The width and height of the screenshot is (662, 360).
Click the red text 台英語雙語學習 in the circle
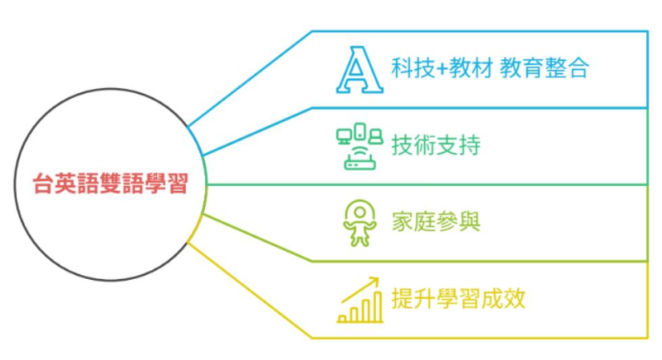tap(110, 184)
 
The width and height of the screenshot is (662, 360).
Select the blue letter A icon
tap(358, 71)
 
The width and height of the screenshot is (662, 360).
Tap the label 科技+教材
tap(442, 68)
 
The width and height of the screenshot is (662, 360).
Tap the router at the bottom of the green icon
tap(358, 162)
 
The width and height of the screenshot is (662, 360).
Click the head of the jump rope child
tap(358, 212)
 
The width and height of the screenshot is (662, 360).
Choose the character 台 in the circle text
tap(42, 184)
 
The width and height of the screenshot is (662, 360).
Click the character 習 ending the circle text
tap(177, 184)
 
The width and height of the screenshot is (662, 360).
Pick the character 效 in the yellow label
tap(515, 299)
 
